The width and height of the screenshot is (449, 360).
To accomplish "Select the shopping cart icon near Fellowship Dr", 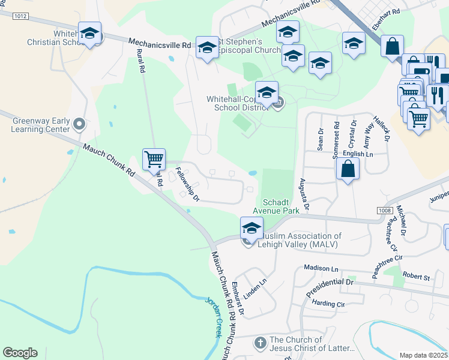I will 154,160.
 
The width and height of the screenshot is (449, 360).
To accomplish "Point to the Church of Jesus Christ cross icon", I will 260,343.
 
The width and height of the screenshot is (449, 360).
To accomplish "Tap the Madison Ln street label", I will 322,268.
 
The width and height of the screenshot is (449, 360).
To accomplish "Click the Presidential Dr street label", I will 330,287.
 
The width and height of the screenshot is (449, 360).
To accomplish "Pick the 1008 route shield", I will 385,211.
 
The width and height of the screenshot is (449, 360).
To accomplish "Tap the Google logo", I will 20,353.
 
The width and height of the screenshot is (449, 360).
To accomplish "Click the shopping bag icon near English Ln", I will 348,169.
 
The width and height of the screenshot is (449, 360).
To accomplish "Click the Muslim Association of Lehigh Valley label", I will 299,241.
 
